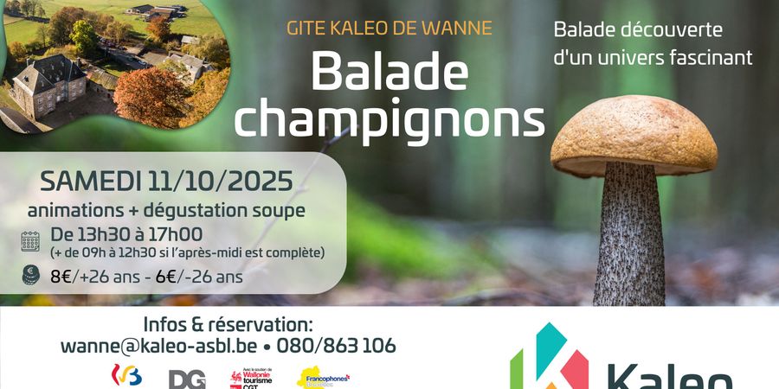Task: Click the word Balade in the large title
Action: (x=389, y=72)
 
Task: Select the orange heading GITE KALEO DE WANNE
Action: (x=389, y=27)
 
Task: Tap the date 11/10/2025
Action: (x=224, y=182)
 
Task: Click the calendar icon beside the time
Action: (x=31, y=241)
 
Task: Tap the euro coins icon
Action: (x=31, y=276)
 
